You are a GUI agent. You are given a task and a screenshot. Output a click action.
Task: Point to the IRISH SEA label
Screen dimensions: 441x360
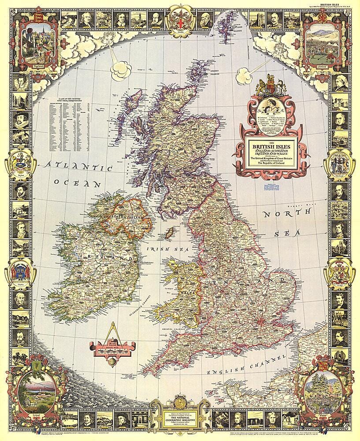click(x=160, y=249)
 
